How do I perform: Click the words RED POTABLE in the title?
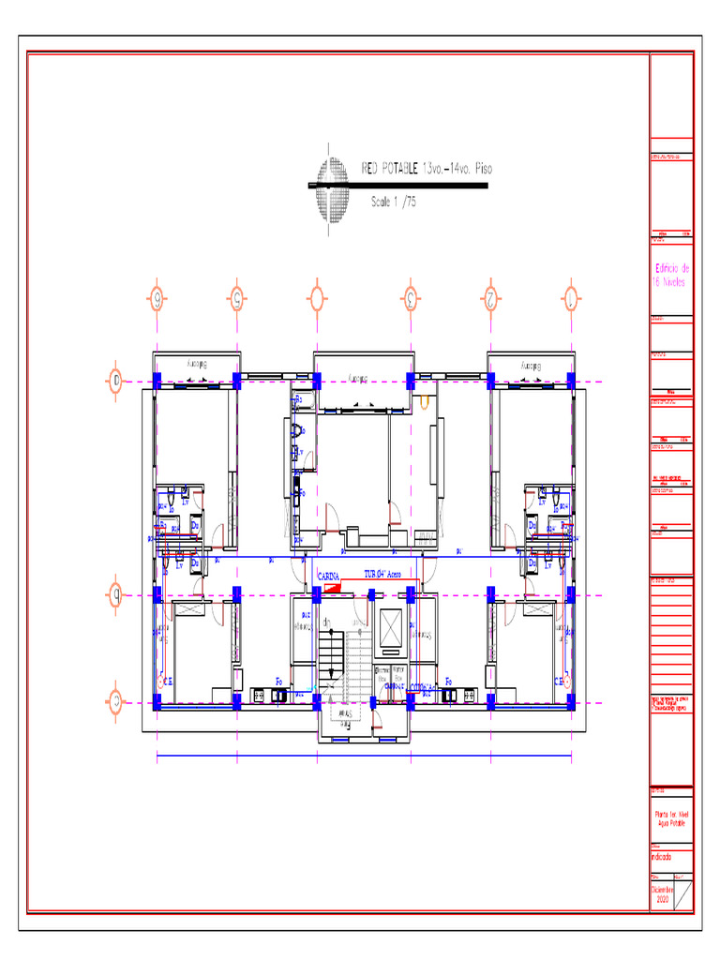point(390,170)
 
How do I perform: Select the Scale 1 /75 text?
point(394,202)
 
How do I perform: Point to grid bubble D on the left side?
point(116,381)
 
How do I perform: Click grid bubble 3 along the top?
point(410,299)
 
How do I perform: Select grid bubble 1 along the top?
point(569,299)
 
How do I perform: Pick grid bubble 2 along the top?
point(489,299)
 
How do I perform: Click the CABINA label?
point(328,576)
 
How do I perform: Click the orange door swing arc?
point(424,404)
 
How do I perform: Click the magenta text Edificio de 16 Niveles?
point(671,275)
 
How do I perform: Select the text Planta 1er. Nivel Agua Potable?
point(671,818)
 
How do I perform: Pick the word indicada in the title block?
point(662,855)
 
